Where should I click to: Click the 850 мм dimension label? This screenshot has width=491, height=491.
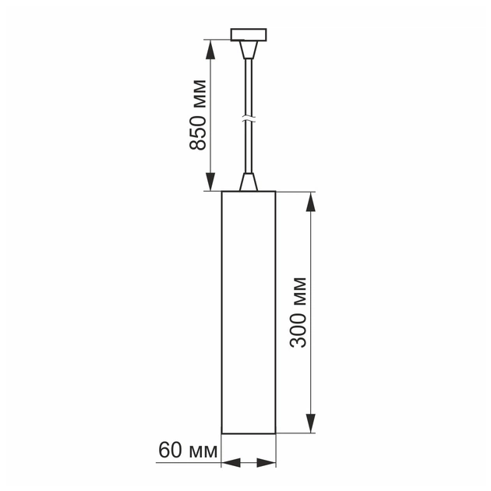pyautogui.click(x=198, y=115)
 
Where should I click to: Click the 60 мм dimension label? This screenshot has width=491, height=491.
pyautogui.click(x=187, y=450)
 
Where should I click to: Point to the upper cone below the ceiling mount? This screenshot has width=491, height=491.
pyautogui.click(x=249, y=51)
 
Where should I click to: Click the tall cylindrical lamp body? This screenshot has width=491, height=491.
pyautogui.click(x=249, y=312)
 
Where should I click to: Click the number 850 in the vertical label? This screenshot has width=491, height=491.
pyautogui.click(x=198, y=134)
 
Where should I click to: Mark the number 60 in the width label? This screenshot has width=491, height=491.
pyautogui.click(x=169, y=450)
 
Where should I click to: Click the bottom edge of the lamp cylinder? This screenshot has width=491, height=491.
pyautogui.click(x=249, y=433)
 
